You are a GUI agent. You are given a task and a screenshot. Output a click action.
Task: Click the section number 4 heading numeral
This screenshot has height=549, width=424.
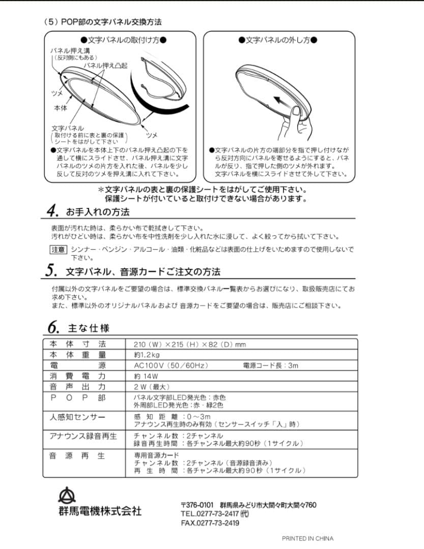click(x=51, y=210)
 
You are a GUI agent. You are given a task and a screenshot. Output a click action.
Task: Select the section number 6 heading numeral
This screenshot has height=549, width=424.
click(x=51, y=327)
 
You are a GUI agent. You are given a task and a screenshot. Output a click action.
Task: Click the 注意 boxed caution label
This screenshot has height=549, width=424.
click(x=58, y=249)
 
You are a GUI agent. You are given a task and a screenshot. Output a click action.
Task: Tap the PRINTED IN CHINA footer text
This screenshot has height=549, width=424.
click(x=307, y=538)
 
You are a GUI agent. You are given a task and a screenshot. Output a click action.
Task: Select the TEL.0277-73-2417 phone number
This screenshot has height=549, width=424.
click(x=214, y=514)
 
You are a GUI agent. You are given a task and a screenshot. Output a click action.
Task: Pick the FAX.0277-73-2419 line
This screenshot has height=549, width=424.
click(x=210, y=523)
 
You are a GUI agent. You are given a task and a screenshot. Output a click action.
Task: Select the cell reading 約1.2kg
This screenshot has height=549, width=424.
click(x=147, y=355)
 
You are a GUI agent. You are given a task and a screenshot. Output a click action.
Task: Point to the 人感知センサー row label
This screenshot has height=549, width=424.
click(x=77, y=417)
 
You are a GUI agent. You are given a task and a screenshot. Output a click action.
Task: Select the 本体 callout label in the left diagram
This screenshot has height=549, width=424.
click(x=60, y=108)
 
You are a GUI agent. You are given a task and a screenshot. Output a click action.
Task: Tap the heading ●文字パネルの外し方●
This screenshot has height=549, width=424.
click(x=278, y=40)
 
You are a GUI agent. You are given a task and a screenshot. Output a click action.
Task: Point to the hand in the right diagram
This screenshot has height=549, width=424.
click(x=298, y=125)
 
